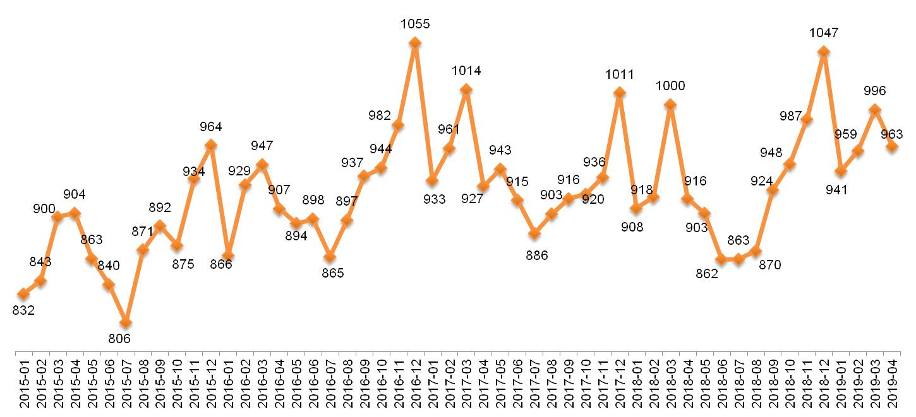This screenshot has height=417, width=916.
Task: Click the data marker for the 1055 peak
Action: point(415,43)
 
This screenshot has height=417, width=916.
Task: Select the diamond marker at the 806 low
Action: point(126,322)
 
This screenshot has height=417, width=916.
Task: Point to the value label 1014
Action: point(466,71)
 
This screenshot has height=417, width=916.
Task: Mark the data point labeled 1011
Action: point(620,93)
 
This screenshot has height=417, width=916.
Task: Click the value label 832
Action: point(23,310)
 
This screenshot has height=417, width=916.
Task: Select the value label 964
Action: point(211,127)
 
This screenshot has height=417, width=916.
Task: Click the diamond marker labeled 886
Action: point(534,233)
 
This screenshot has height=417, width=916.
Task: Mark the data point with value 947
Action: point(262,165)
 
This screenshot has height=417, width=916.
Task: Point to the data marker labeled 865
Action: point(330,257)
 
